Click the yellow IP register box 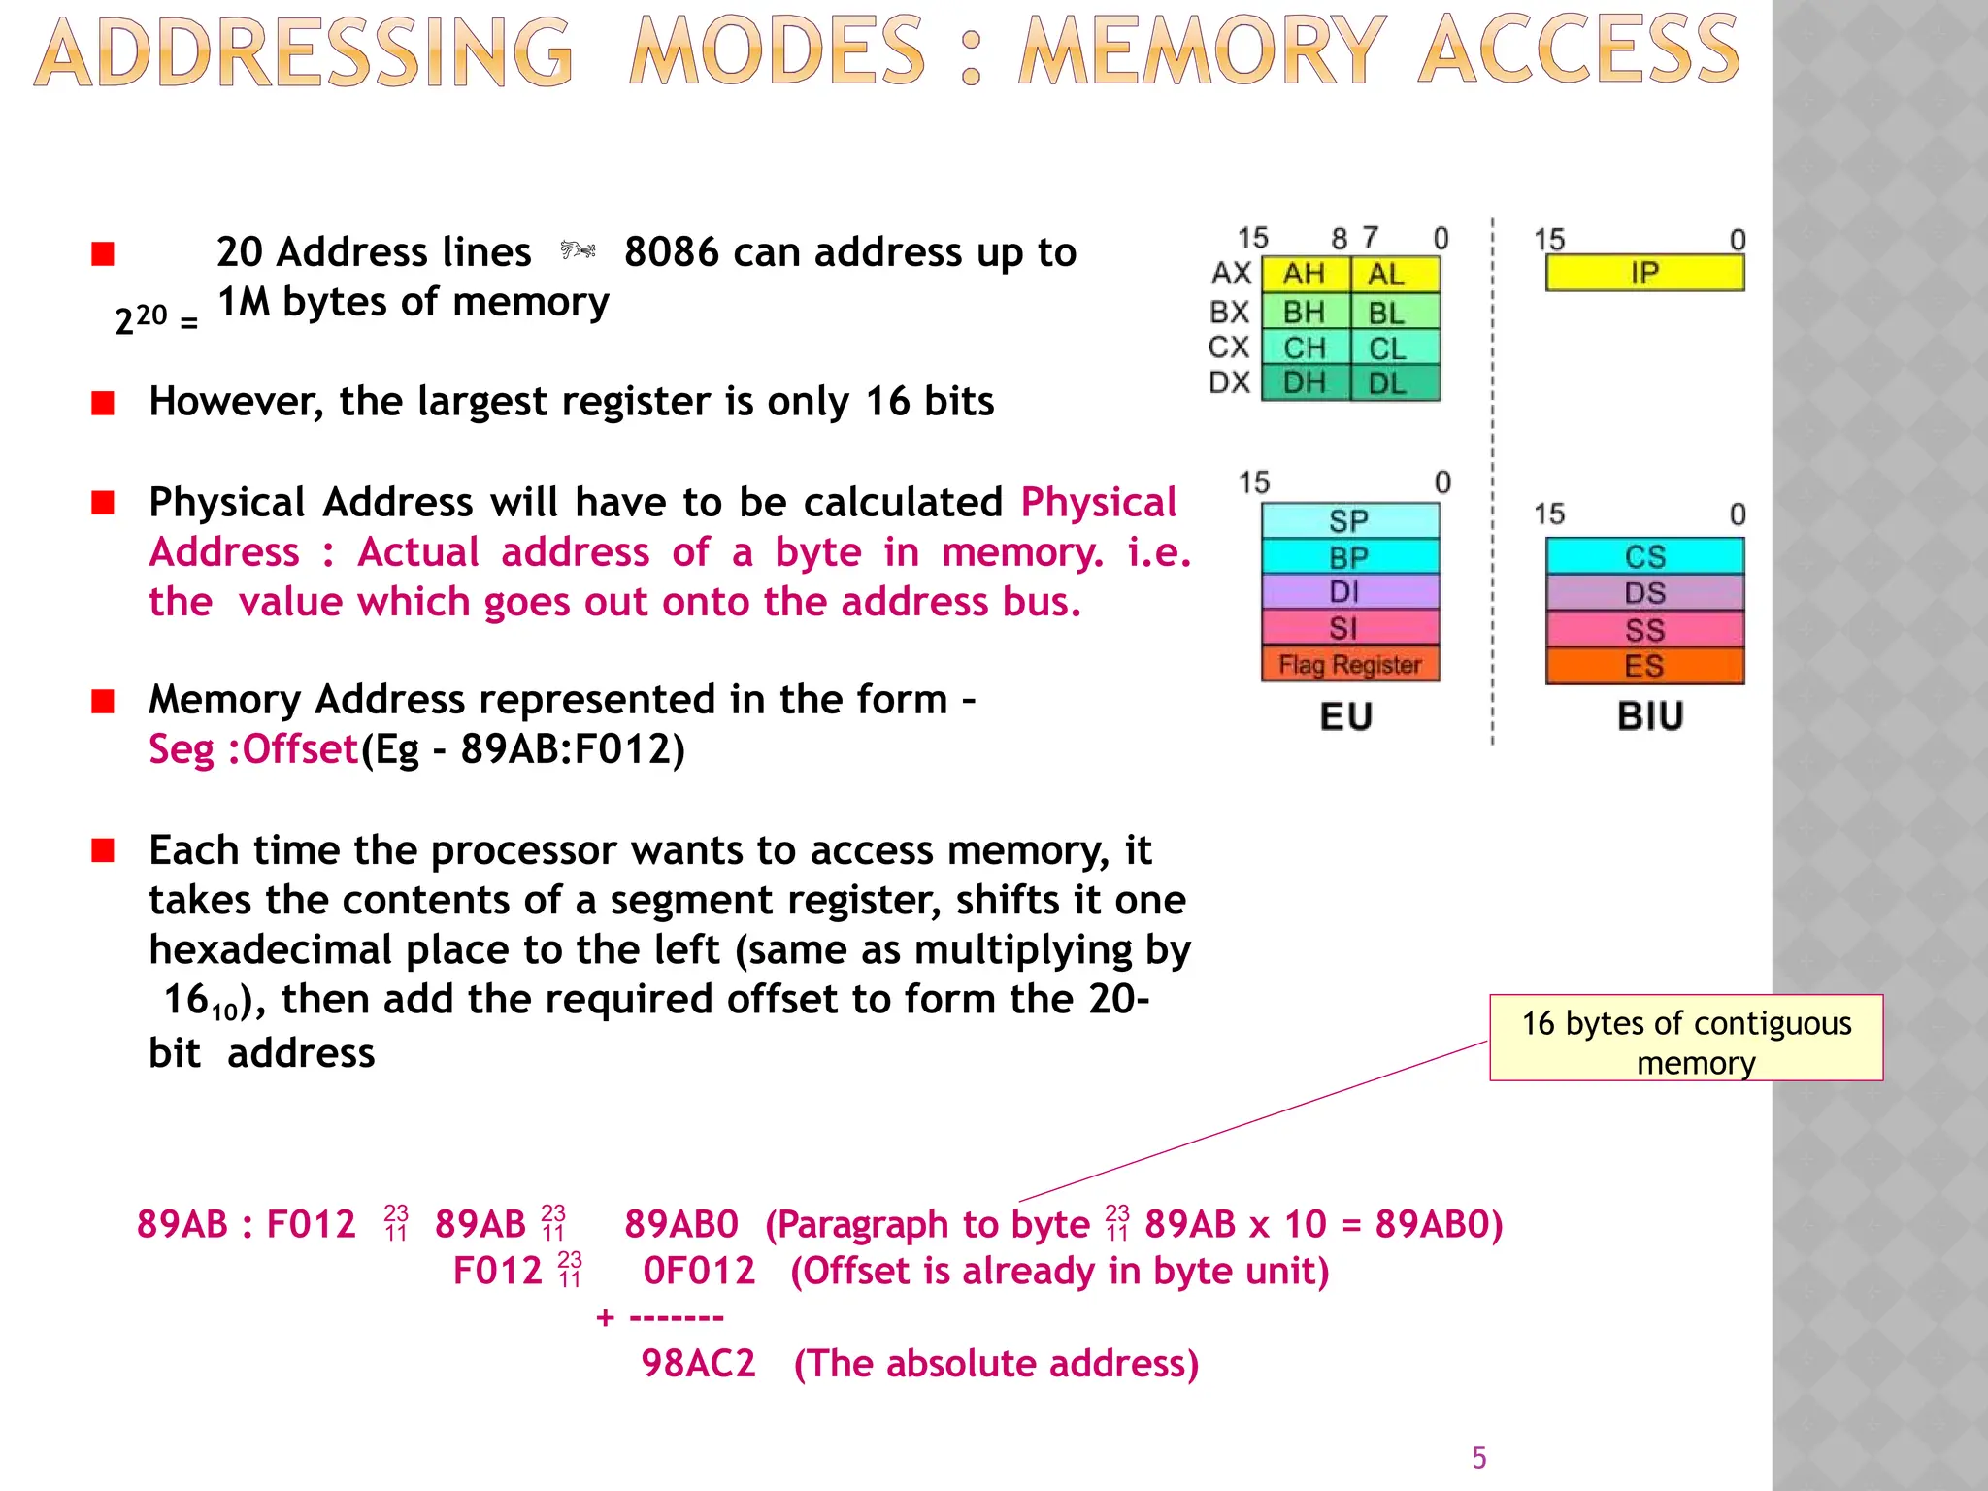pos(1644,273)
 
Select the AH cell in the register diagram pos(1305,275)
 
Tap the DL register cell pos(1388,383)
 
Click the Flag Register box pos(1349,665)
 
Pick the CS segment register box pos(1644,556)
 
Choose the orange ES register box pos(1644,667)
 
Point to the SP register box pos(1349,521)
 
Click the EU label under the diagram pos(1346,717)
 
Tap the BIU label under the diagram pos(1650,717)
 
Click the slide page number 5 pos(1479,1458)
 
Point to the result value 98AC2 pos(698,1364)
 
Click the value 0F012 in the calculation pos(699,1271)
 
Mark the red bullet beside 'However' pos(103,403)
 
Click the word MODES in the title pos(777,51)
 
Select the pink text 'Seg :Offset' pos(253,749)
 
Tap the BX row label pos(1230,313)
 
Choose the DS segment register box pos(1644,593)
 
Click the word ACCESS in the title pos(1578,51)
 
